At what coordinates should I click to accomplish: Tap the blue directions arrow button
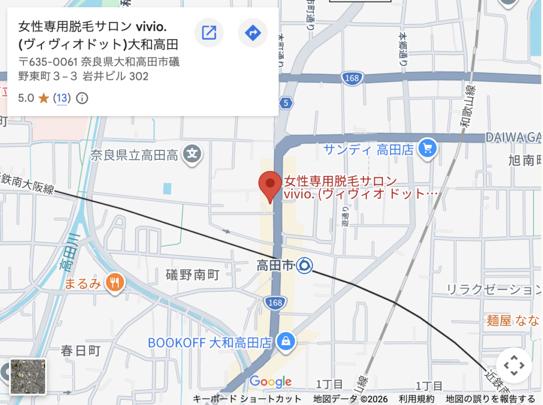coord(252,33)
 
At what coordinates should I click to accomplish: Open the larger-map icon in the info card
coord(209,33)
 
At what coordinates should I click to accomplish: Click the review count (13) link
coord(62,98)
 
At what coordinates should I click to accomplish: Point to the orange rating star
coord(43,98)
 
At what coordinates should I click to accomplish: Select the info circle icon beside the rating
coord(82,98)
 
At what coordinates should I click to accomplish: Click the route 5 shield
coord(286,103)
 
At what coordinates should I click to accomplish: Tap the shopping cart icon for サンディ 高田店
coord(427,149)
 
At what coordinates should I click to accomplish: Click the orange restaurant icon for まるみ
coord(114,283)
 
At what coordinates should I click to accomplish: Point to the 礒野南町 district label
coord(192,274)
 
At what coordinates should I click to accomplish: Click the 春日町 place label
coord(81,350)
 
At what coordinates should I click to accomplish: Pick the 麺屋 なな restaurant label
coord(514,320)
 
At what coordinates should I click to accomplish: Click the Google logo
coord(270,381)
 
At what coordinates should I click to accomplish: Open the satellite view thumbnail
coord(28,376)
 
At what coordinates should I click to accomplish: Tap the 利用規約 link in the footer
coord(417,399)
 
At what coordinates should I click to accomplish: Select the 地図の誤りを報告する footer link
coord(491,399)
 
